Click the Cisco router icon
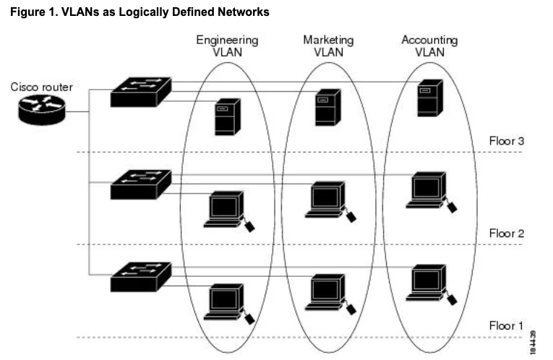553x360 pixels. pyautogui.click(x=41, y=111)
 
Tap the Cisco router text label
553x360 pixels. pyautogui.click(x=41, y=87)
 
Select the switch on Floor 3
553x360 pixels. pyautogui.click(x=140, y=91)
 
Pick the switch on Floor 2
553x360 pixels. pyautogui.click(x=140, y=184)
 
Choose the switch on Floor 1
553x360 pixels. pyautogui.click(x=140, y=275)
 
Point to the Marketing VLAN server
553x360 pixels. pyautogui.click(x=326, y=107)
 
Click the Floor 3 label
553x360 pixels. pyautogui.click(x=506, y=140)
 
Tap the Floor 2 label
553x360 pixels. pyautogui.click(x=506, y=233)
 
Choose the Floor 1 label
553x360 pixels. pyautogui.click(x=506, y=325)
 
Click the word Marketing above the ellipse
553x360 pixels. pyautogui.click(x=328, y=40)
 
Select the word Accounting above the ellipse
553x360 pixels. pyautogui.click(x=429, y=40)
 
